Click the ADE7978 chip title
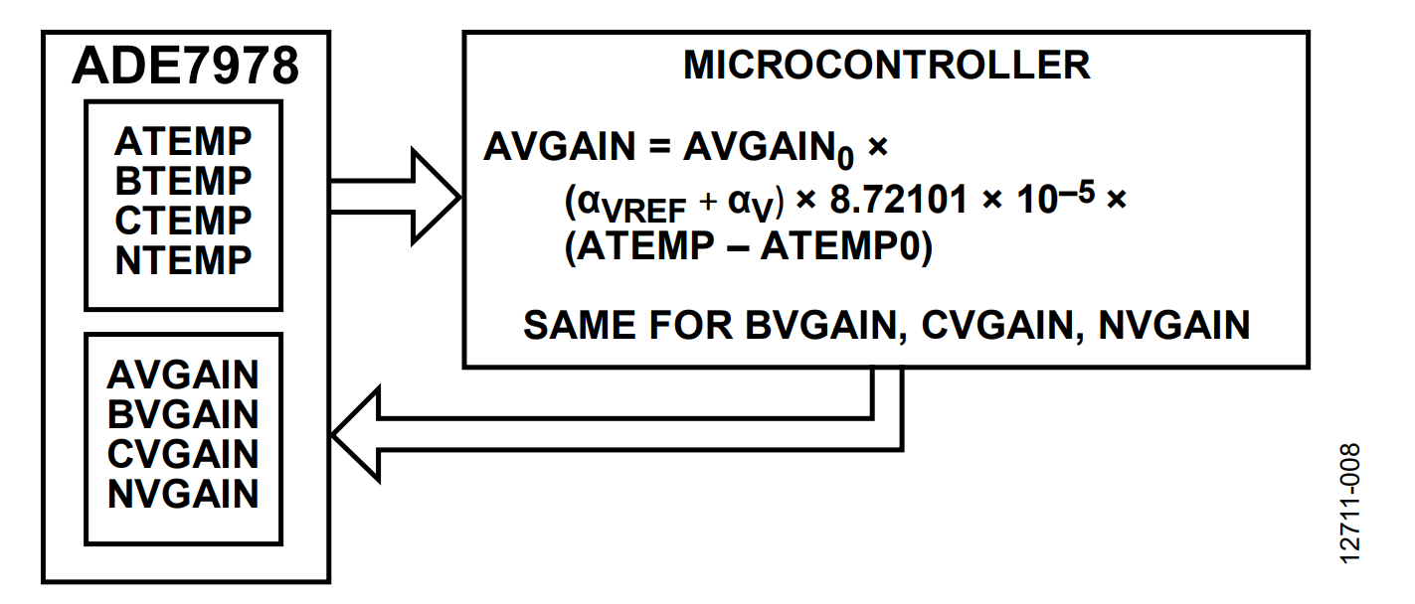pos(185,66)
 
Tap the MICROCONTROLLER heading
pos(887,65)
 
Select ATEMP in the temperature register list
pos(183,141)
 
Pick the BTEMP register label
pos(183,181)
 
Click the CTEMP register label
pos(183,221)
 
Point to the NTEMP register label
pos(183,260)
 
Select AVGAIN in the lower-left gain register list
pos(183,375)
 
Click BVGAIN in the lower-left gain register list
pos(183,414)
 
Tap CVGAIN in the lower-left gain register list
pos(183,454)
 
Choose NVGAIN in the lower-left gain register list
pos(183,494)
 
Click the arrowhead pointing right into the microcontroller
pos(436,197)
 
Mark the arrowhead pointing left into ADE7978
pos(355,434)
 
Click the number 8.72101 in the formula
pos(898,200)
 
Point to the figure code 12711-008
pos(1349,503)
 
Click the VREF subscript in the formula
pos(643,212)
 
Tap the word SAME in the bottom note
pos(580,325)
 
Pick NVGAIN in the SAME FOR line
pos(1174,325)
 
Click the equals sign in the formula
pos(659,147)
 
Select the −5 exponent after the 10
pos(1077,192)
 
